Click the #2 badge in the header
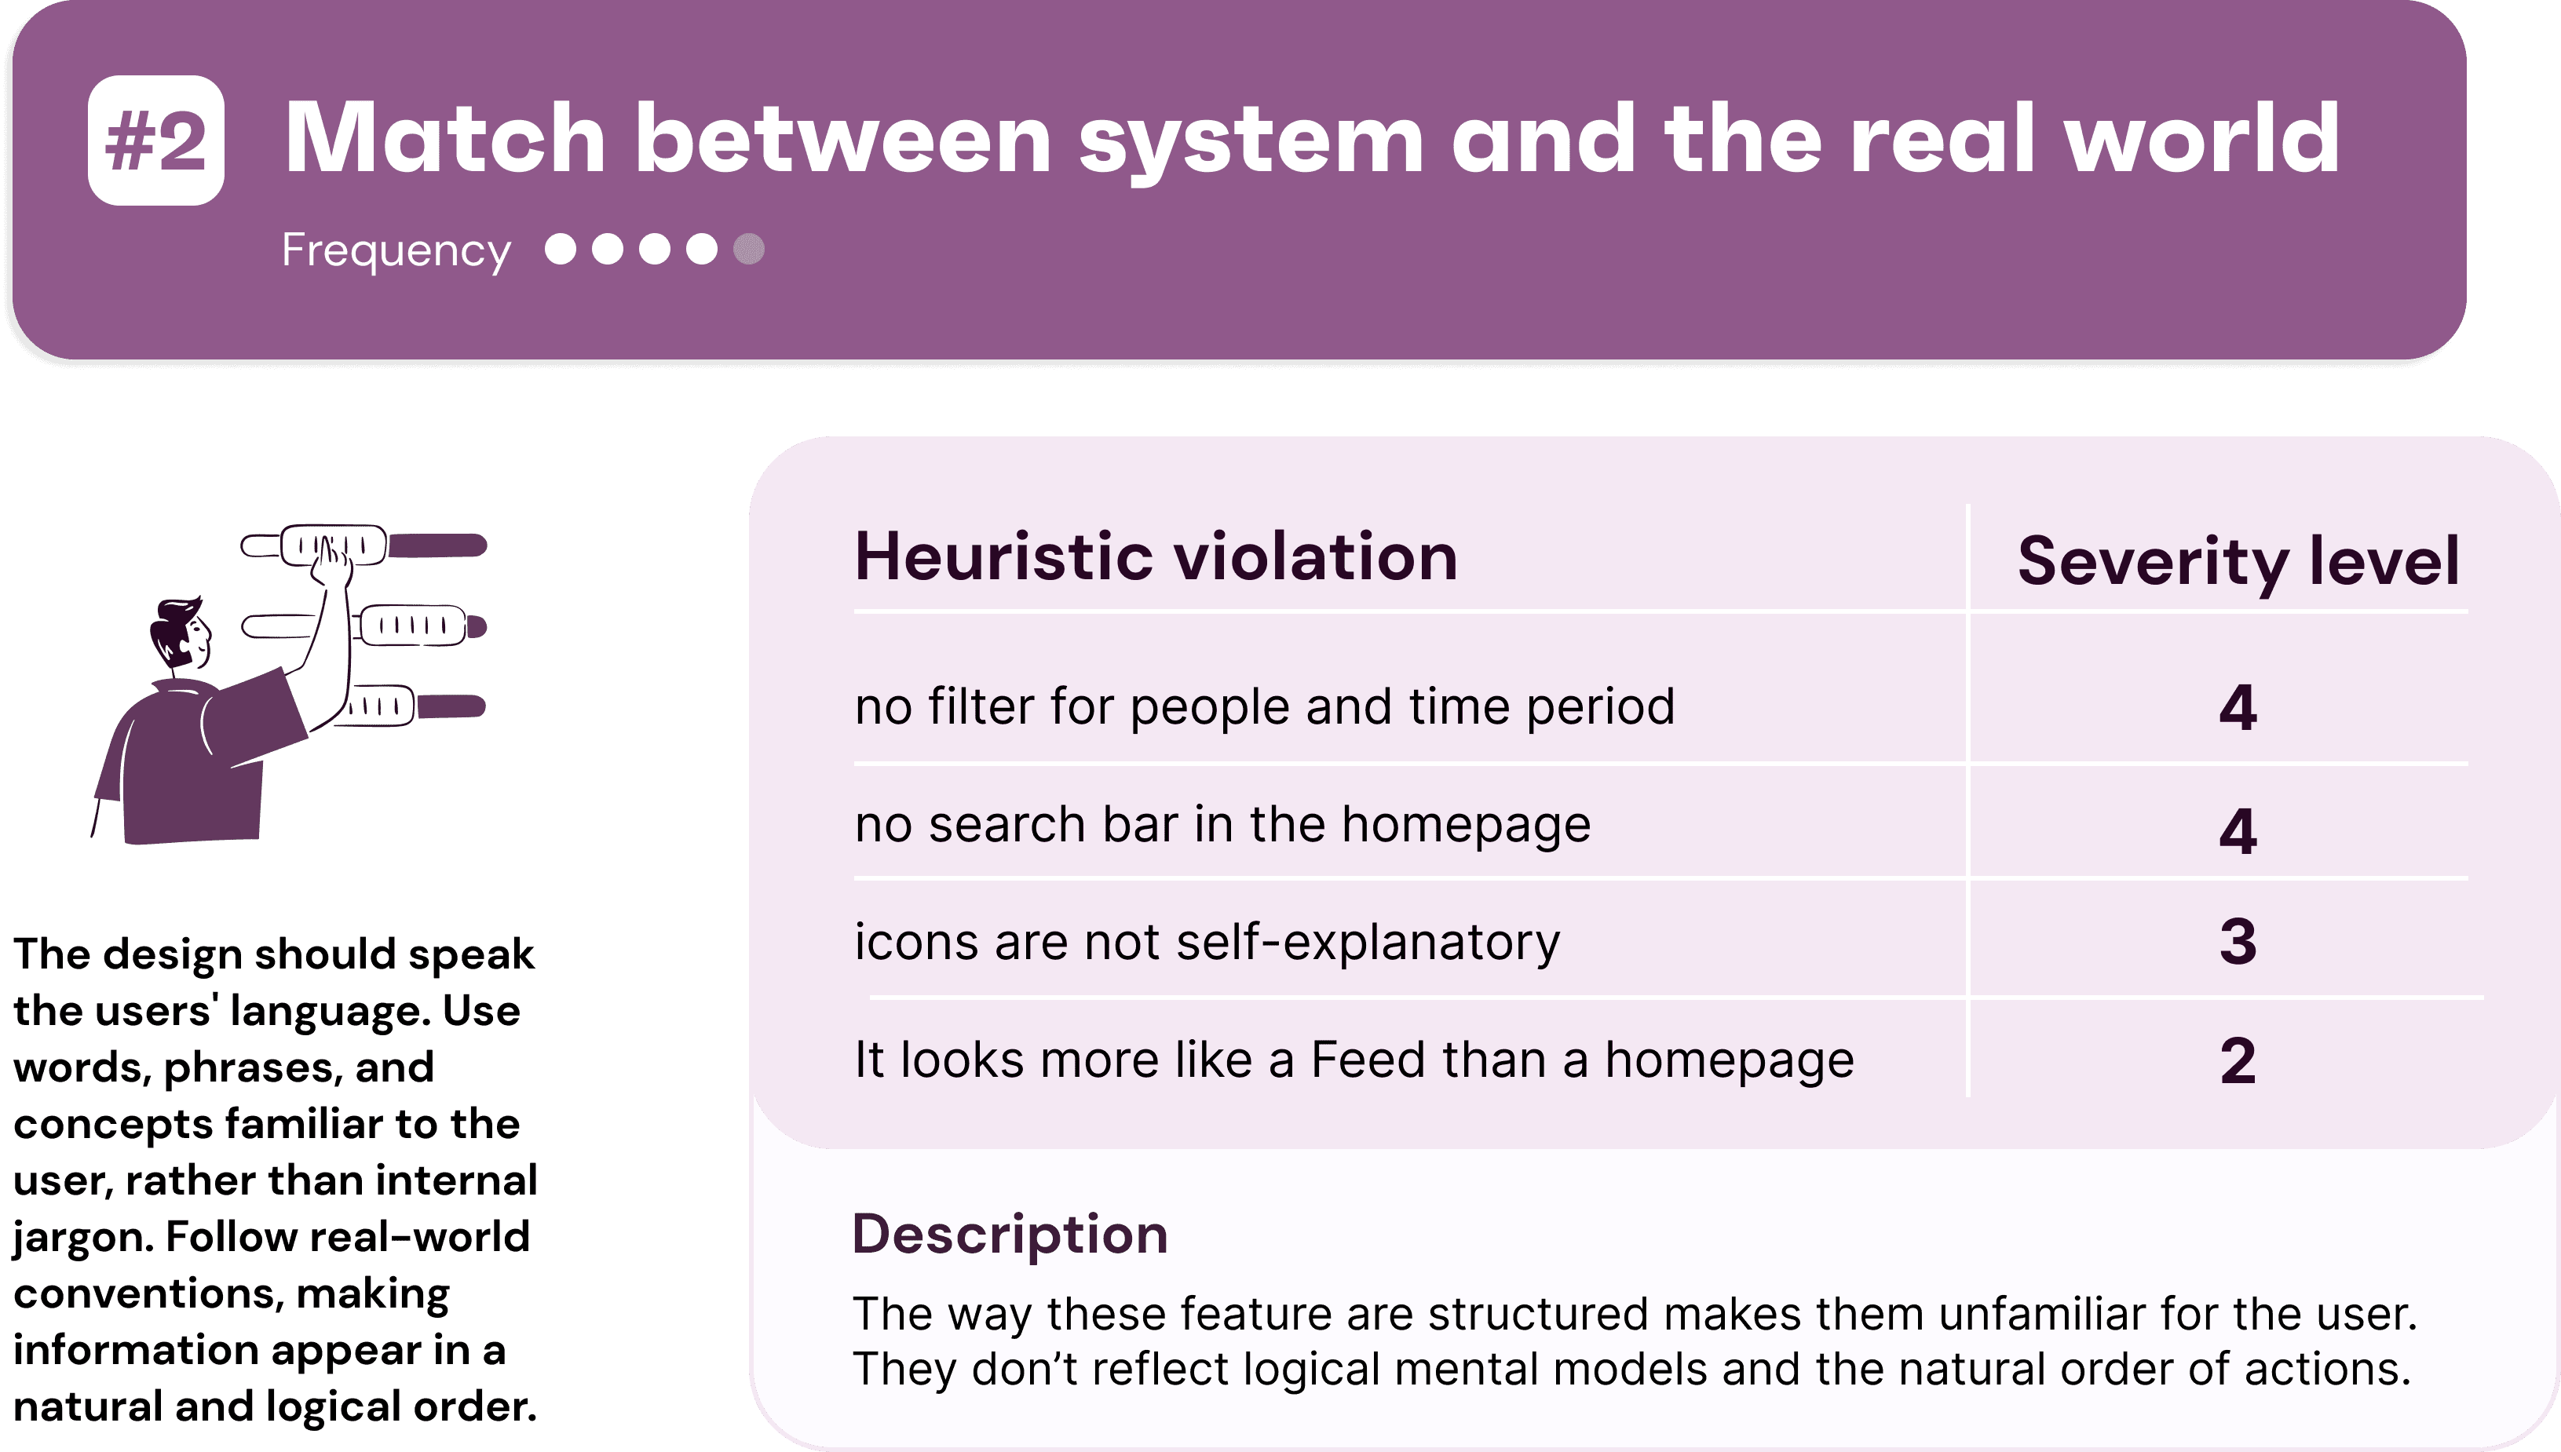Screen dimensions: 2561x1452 point(155,140)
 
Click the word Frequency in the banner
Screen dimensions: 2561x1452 point(396,250)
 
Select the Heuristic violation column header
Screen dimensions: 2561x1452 point(1156,556)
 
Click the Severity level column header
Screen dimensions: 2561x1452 point(2238,561)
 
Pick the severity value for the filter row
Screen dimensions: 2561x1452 point(2238,708)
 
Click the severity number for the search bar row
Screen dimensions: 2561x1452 point(2238,830)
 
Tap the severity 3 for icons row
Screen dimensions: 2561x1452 point(2238,941)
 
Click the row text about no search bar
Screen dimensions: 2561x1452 point(1222,825)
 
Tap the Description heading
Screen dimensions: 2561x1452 point(1009,1234)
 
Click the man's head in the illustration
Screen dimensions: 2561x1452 point(181,633)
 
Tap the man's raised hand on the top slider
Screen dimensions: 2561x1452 point(332,565)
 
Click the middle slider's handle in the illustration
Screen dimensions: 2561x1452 point(413,626)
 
